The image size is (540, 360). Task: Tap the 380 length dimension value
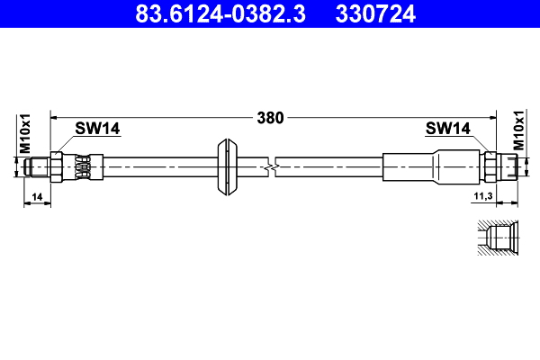point(270,117)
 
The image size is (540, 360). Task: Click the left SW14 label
point(97,129)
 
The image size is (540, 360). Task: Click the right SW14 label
point(447,129)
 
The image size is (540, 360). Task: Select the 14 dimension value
point(37,195)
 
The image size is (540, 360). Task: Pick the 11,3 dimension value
point(482,195)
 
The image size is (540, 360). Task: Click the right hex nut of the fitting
point(490,166)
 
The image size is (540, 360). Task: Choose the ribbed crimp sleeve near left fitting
point(82,166)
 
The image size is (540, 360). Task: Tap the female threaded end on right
point(511,166)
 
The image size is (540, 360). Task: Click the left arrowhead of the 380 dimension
point(54,117)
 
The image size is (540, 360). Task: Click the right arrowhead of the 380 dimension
point(492,117)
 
